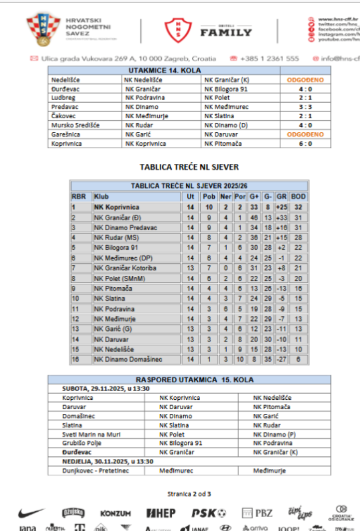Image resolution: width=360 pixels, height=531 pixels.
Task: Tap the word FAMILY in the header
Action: (x=226, y=32)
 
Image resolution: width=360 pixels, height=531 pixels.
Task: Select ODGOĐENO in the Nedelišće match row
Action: (x=305, y=80)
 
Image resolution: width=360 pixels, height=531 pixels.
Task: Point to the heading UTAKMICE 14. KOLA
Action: (x=164, y=71)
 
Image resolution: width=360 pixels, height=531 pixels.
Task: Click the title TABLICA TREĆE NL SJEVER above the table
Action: (x=189, y=167)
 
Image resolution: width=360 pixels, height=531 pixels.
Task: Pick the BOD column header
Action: (x=298, y=197)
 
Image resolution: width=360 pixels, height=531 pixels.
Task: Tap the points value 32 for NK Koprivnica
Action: (x=298, y=207)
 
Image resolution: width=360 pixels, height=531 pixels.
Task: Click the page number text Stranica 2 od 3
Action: (x=189, y=494)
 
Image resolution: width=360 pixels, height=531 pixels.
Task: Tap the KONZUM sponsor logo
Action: (x=115, y=513)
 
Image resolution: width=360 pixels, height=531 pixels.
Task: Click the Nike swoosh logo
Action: (x=32, y=513)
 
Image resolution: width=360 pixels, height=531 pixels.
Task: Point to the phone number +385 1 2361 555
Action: (x=269, y=59)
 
